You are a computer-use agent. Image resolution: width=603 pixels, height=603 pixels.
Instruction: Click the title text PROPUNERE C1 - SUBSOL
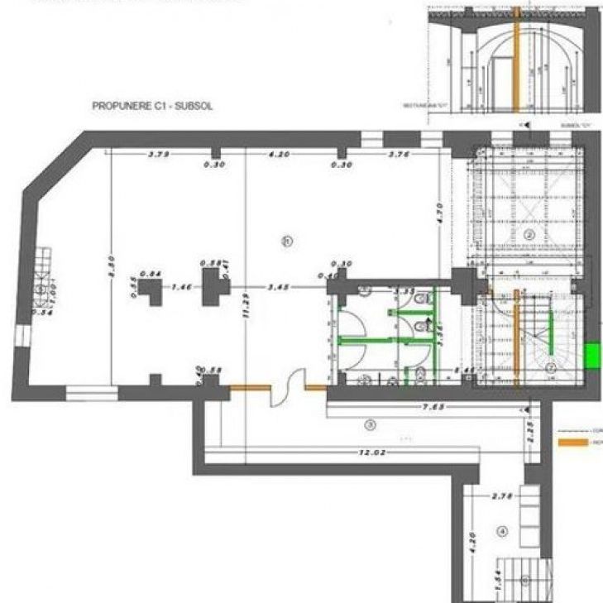click(152, 107)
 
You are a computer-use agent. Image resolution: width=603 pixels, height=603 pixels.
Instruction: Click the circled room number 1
click(287, 241)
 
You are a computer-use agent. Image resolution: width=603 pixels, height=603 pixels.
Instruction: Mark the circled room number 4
click(501, 531)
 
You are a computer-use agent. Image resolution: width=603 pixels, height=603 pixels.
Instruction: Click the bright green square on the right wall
click(592, 356)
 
